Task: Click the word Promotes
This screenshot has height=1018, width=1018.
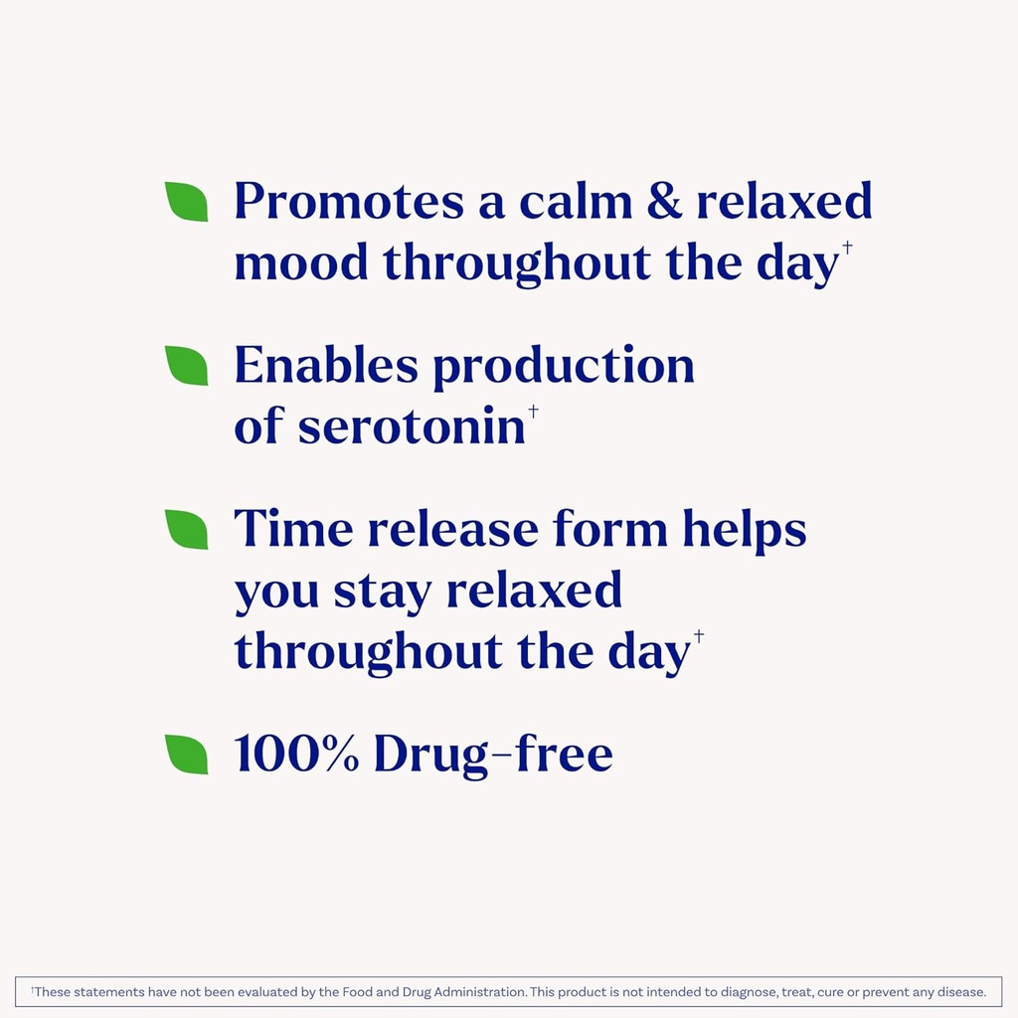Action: pyautogui.click(x=349, y=202)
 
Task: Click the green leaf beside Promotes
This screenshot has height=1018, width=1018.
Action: pyautogui.click(x=187, y=202)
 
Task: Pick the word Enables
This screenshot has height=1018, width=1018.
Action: pyautogui.click(x=326, y=366)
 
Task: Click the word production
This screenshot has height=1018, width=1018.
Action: pyautogui.click(x=563, y=368)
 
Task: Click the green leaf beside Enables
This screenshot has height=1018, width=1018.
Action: pyautogui.click(x=187, y=366)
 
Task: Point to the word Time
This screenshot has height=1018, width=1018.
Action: pyautogui.click(x=293, y=529)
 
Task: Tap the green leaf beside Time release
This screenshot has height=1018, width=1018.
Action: pyautogui.click(x=187, y=529)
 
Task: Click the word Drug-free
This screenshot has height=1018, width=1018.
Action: pyautogui.click(x=493, y=756)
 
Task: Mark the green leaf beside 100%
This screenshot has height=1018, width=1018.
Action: pyautogui.click(x=187, y=755)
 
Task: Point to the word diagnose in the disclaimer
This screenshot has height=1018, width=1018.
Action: pyautogui.click(x=740, y=992)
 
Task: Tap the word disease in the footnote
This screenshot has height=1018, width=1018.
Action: pyautogui.click(x=961, y=992)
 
